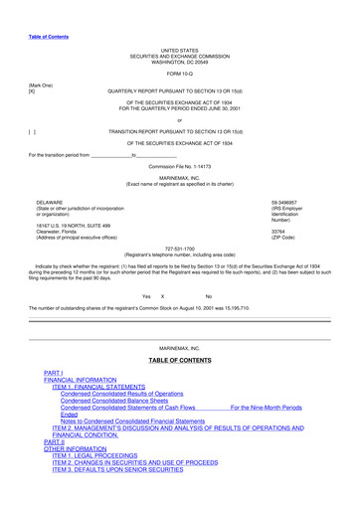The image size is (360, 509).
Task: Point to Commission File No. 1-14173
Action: pyautogui.click(x=179, y=166)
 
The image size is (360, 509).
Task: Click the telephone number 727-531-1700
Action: pyautogui.click(x=179, y=249)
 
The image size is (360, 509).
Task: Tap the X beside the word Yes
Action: pyautogui.click(x=162, y=296)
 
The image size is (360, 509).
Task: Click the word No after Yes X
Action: pyautogui.click(x=208, y=296)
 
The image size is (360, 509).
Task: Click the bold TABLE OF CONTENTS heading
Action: pyautogui.click(x=180, y=359)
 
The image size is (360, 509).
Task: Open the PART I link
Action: pyautogui.click(x=54, y=372)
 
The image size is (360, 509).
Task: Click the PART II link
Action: pyautogui.click(x=55, y=440)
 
